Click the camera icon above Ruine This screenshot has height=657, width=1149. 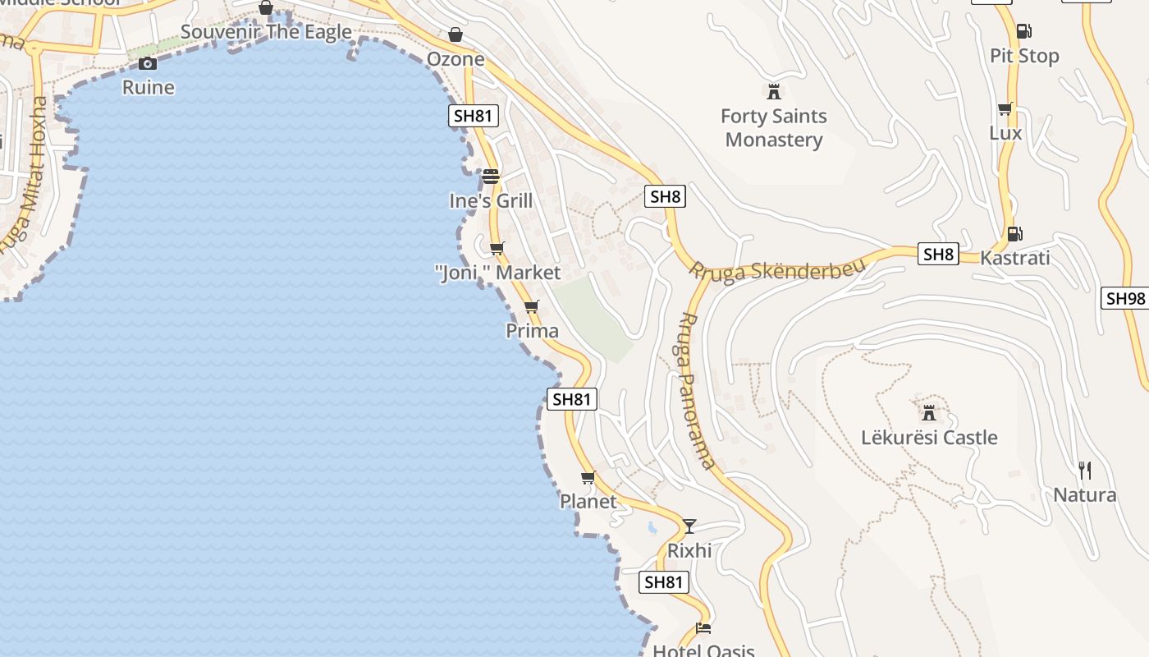click(148, 63)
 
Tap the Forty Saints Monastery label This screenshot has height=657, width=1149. click(773, 128)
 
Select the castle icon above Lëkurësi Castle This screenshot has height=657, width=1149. click(929, 411)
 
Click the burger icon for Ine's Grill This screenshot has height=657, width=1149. click(491, 177)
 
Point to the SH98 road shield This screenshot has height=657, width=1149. click(1124, 299)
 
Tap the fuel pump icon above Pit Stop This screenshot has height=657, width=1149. click(1023, 32)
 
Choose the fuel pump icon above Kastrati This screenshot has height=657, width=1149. click(1014, 234)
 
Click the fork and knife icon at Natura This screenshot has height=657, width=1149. click(1085, 471)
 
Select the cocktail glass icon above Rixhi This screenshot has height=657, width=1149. click(689, 526)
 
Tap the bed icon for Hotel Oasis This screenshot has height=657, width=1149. click(703, 629)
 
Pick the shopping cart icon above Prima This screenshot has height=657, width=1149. click(532, 307)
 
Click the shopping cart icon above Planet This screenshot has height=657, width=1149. click(588, 477)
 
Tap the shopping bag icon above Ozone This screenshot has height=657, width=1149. click(455, 35)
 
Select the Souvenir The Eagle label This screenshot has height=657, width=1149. click(266, 33)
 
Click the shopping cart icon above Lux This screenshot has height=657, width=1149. click(1005, 109)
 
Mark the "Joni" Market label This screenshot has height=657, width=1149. click(497, 273)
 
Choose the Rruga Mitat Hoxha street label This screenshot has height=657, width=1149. click(25, 177)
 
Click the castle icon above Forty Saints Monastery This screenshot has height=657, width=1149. click(773, 91)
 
